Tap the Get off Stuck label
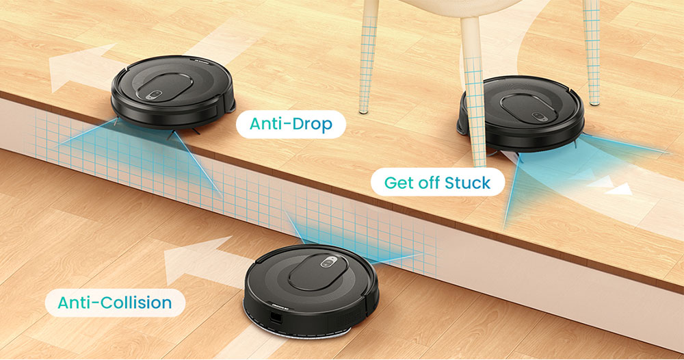(x=437, y=183)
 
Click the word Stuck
(x=467, y=183)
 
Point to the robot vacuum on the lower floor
(x=312, y=287)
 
